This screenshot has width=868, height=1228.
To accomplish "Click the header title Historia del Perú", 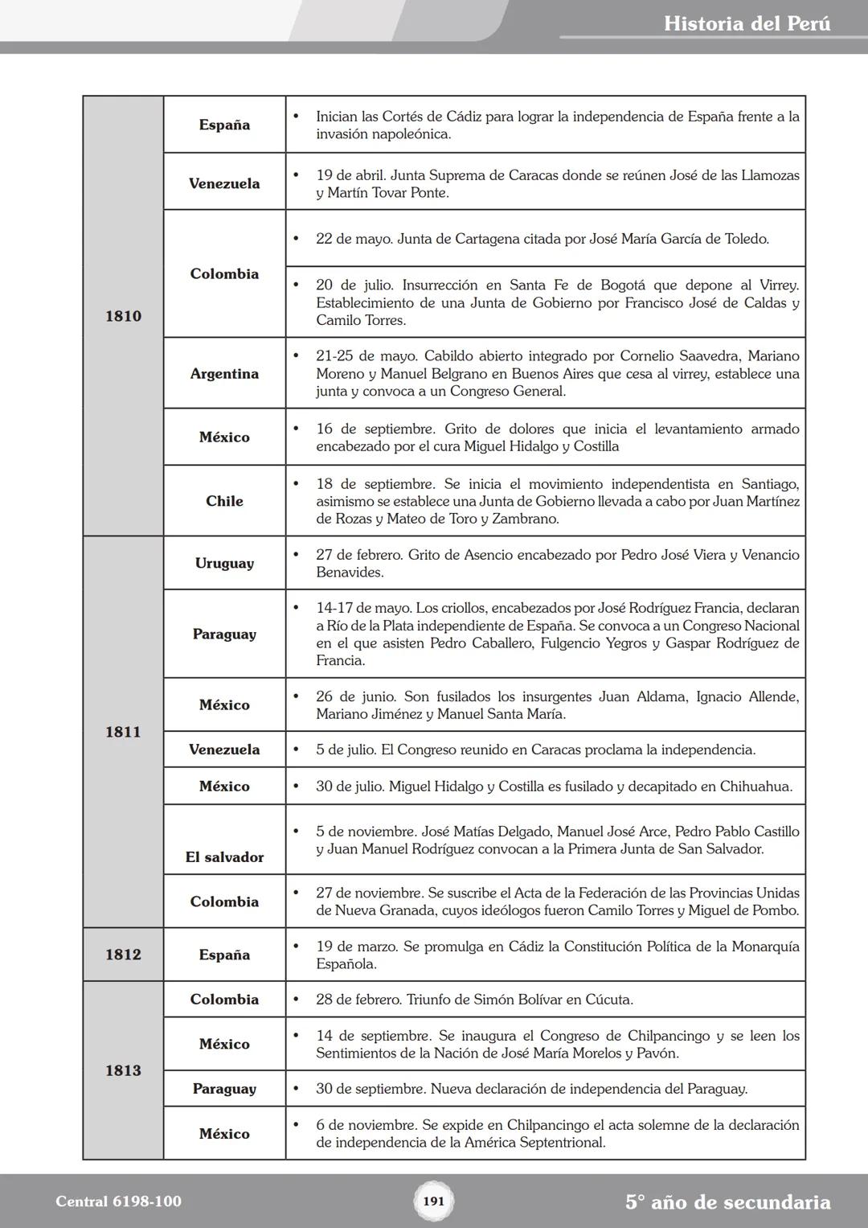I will pyautogui.click(x=747, y=24).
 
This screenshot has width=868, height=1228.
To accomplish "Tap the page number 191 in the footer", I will pyautogui.click(x=433, y=1201).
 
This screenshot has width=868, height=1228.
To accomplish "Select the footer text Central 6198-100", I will pyautogui.click(x=118, y=1201).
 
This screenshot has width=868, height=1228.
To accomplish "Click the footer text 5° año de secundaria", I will pyautogui.click(x=727, y=1202).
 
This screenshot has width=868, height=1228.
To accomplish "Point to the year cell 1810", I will pyautogui.click(x=123, y=316).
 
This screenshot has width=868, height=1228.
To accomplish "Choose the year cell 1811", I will pyautogui.click(x=123, y=732).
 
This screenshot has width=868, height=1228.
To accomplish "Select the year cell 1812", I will pyautogui.click(x=123, y=955).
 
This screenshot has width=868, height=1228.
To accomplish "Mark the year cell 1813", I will pyautogui.click(x=123, y=1070).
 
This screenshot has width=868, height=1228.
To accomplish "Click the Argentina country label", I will pyautogui.click(x=224, y=374).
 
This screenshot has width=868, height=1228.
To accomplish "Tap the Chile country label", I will pyautogui.click(x=224, y=501).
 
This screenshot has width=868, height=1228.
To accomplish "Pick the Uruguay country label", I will pyautogui.click(x=224, y=563).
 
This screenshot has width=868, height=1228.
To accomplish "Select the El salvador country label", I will pyautogui.click(x=224, y=857).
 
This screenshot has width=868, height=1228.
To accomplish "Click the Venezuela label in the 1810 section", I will pyautogui.click(x=224, y=183).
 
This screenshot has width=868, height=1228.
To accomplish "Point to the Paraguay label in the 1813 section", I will pyautogui.click(x=224, y=1089).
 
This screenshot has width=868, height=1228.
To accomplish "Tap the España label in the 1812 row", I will pyautogui.click(x=224, y=955).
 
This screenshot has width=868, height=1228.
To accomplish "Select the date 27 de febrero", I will pyautogui.click(x=358, y=555).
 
